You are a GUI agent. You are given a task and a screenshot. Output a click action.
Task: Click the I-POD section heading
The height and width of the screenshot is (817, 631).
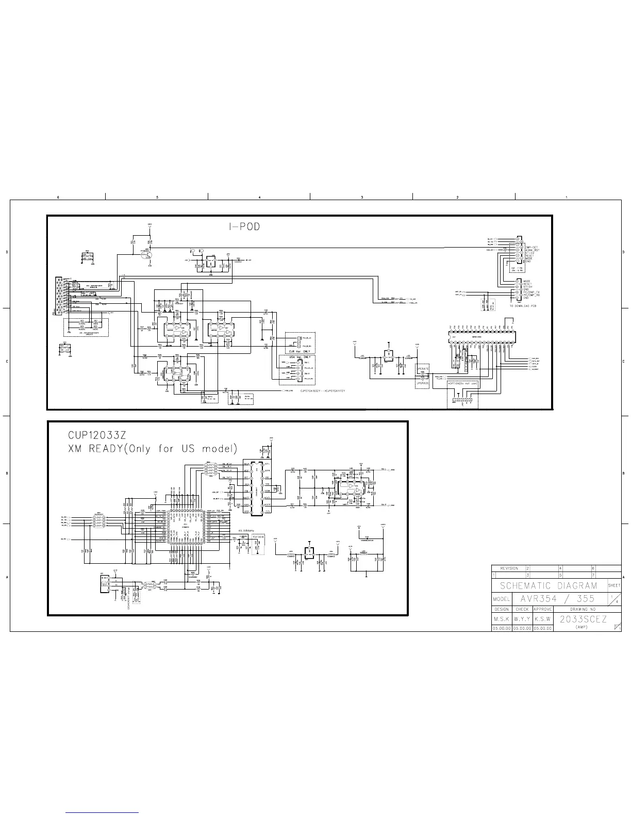(x=244, y=227)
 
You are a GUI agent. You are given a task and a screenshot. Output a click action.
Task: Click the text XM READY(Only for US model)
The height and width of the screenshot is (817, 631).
(x=153, y=449)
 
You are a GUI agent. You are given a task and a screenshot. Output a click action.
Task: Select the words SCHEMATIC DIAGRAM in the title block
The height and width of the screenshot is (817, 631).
(x=549, y=585)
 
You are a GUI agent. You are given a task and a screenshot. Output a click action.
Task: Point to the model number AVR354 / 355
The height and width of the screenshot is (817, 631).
(x=558, y=599)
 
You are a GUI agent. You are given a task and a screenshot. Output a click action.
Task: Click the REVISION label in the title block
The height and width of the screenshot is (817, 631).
(x=509, y=568)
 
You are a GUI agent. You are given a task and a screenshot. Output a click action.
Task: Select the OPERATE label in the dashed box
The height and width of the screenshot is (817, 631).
(x=423, y=369)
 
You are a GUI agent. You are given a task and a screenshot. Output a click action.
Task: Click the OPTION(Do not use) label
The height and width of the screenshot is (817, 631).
(x=462, y=384)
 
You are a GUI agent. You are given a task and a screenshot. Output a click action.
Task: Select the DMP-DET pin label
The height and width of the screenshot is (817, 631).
(x=531, y=247)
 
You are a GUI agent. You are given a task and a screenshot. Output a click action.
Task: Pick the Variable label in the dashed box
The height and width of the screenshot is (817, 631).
(x=258, y=537)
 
